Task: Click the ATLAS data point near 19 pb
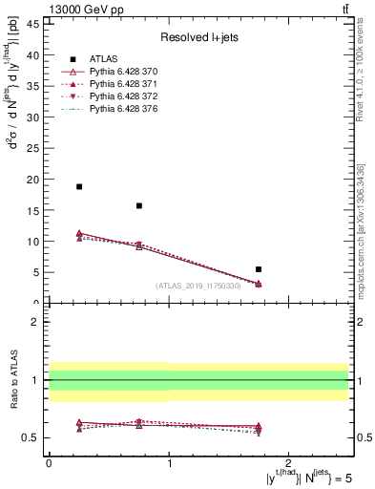tap(79, 186)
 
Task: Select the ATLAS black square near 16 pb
tap(139, 205)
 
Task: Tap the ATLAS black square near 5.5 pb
tap(259, 269)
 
